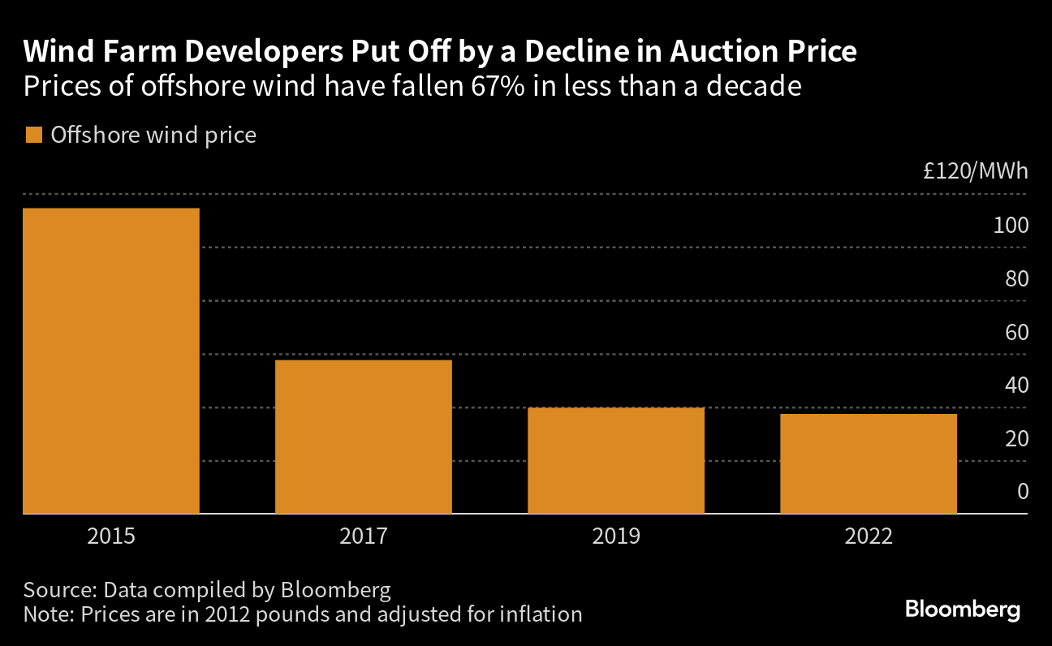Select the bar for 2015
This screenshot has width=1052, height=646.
click(111, 361)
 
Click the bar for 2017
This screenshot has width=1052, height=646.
click(364, 437)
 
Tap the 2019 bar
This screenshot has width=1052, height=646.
click(616, 460)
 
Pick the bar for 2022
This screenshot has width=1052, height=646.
click(869, 463)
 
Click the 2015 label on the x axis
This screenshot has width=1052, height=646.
click(111, 536)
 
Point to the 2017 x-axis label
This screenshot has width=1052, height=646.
click(364, 536)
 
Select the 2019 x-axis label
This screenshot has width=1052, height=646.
click(616, 536)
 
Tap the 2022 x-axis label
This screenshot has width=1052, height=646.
click(869, 536)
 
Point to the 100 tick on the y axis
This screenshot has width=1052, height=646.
click(1011, 226)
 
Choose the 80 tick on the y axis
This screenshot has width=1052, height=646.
click(1015, 278)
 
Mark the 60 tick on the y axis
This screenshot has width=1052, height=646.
click(1015, 332)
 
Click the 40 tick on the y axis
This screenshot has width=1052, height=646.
click(1015, 385)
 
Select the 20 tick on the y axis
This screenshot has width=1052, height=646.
click(1015, 438)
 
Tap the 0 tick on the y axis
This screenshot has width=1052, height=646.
click(1022, 491)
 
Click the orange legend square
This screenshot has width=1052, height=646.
click(33, 135)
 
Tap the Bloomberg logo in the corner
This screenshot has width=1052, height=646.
click(963, 609)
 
